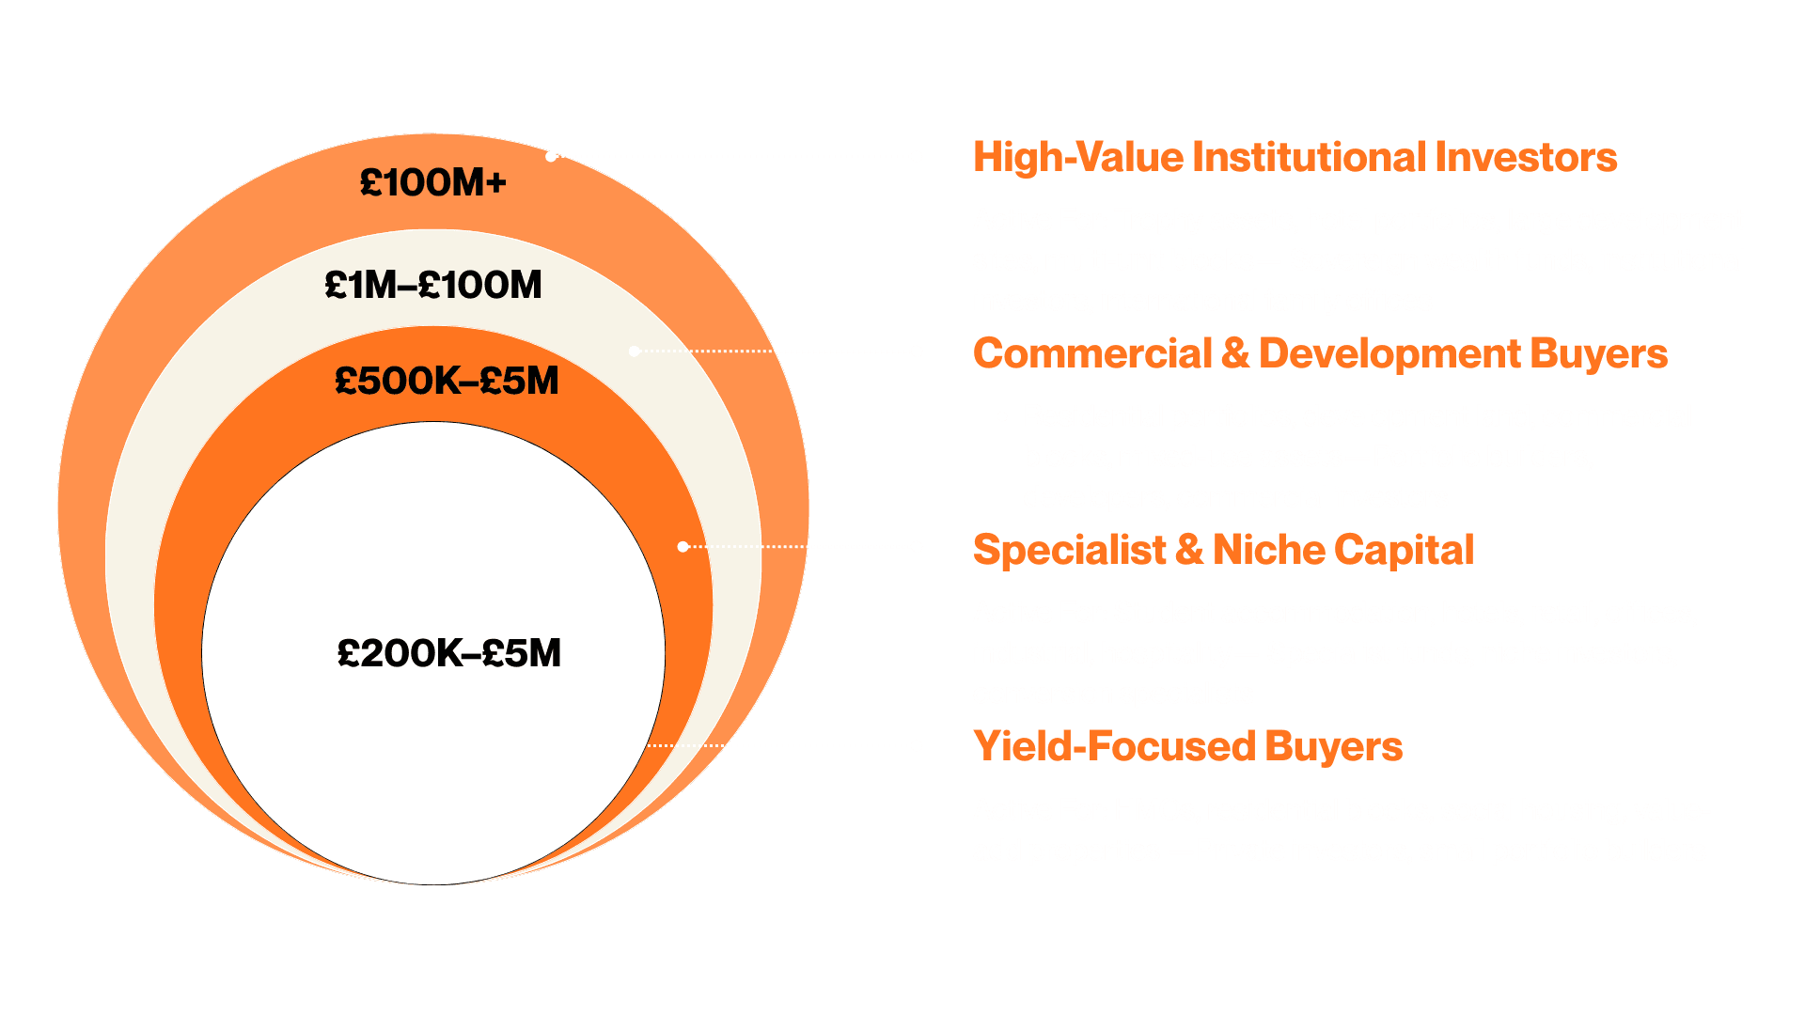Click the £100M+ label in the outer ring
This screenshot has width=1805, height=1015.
pyautogui.click(x=432, y=182)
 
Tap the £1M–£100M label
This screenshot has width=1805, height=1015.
pyautogui.click(x=432, y=285)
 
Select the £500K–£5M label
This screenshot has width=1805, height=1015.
pyautogui.click(x=447, y=381)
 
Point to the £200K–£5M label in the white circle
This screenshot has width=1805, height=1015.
pyautogui.click(x=448, y=653)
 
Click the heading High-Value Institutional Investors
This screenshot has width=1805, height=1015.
pyautogui.click(x=1295, y=157)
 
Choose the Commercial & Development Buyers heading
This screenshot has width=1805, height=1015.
pyautogui.click(x=1320, y=353)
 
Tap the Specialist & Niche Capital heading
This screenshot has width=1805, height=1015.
pyautogui.click(x=1222, y=550)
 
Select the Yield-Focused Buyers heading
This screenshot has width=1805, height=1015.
pyautogui.click(x=1187, y=746)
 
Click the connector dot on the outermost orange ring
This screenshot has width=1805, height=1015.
pyautogui.click(x=552, y=156)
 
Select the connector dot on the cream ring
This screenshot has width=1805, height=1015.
pyautogui.click(x=635, y=351)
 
